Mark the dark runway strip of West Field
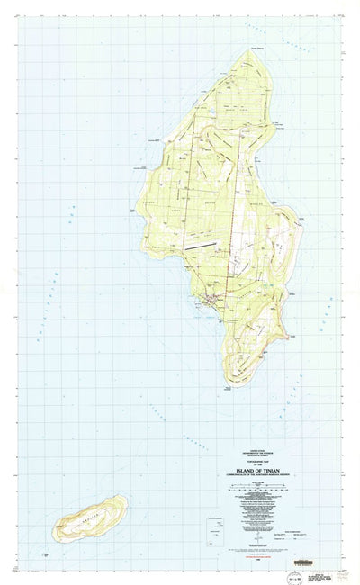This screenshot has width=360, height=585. coord(200,243)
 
